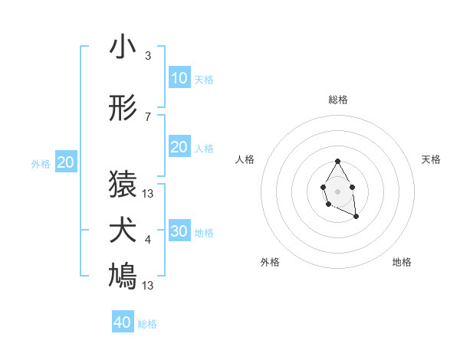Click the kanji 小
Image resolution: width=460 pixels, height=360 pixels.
[x=123, y=48]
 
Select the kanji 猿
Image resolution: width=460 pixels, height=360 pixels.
[x=123, y=185]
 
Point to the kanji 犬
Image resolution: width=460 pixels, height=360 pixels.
[x=123, y=231]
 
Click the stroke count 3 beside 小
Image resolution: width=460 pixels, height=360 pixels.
[x=148, y=56]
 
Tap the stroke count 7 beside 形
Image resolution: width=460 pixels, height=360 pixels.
[x=148, y=117]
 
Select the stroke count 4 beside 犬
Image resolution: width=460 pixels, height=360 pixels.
[x=148, y=240]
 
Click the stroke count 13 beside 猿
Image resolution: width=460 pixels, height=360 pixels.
[x=148, y=194]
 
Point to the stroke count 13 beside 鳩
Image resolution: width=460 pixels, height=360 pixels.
[x=148, y=286]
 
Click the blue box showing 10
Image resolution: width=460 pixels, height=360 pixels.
[x=179, y=78]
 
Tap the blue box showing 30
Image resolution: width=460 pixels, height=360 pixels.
[x=179, y=231]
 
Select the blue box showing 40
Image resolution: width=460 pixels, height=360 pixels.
[x=123, y=322]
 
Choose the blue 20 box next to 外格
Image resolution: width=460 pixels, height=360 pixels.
[x=66, y=162]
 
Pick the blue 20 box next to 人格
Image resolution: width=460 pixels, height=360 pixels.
[x=179, y=147]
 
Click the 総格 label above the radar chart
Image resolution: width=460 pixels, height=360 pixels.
[x=338, y=100]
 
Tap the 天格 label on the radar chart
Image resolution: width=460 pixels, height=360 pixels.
[x=432, y=159]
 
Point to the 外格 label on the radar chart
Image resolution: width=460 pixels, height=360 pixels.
[x=270, y=262]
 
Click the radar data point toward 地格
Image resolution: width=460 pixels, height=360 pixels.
[x=356, y=218]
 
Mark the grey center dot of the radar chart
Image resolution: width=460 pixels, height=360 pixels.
[x=337, y=190]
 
